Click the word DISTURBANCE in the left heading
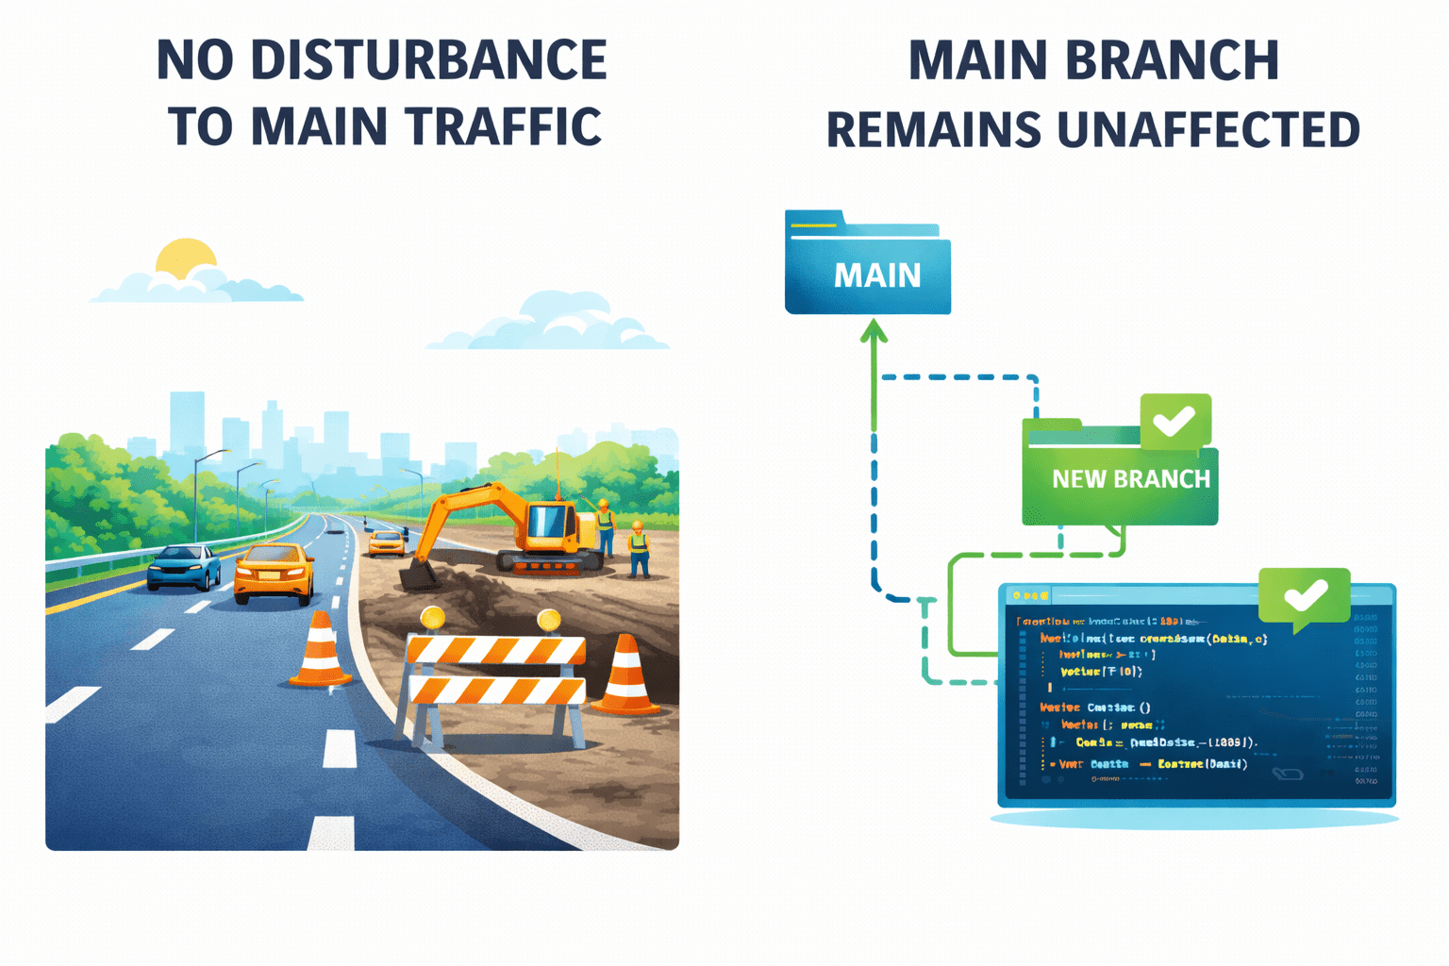tap(428, 60)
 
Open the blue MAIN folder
tap(868, 269)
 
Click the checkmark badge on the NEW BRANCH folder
tap(1174, 421)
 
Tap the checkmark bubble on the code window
tap(1305, 595)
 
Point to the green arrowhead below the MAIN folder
tap(874, 331)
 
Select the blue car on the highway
tap(184, 566)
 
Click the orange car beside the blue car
tap(274, 572)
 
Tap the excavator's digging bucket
tap(418, 574)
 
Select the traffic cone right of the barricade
tap(625, 675)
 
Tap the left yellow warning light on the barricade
tap(433, 619)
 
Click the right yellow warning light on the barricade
tap(549, 620)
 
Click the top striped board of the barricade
tap(496, 650)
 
